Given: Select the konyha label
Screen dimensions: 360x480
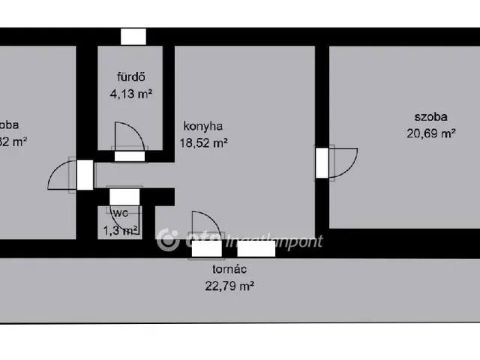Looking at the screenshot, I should point(202,127).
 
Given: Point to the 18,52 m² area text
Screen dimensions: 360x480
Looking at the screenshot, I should point(203,142).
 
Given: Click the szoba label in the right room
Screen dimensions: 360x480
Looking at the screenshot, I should point(430,117).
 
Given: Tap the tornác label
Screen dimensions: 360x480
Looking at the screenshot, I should point(229,269).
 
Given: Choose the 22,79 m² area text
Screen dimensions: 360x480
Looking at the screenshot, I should point(229,285).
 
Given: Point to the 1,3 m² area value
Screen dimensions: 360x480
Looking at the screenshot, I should point(121,229).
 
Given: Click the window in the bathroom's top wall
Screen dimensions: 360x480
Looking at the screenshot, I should point(133,36).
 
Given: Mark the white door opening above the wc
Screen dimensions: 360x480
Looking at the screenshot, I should point(124,196).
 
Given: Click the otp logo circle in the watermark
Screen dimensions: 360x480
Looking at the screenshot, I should point(168,240).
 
